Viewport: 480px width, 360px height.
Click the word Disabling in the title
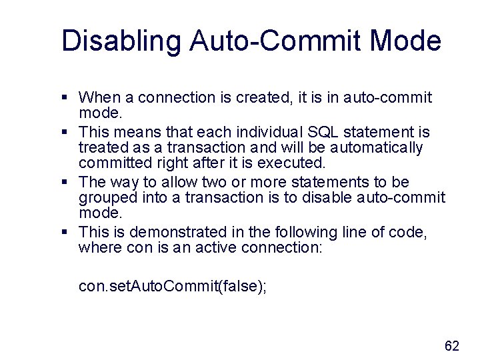[x=121, y=41]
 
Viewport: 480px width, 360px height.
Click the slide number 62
[x=452, y=345]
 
